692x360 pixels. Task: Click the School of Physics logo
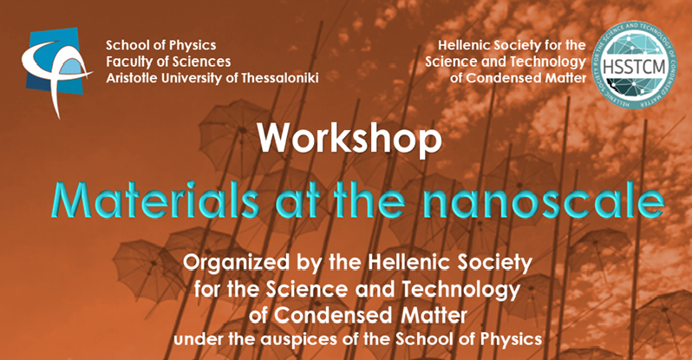coord(55,70)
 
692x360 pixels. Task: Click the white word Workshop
coord(349,139)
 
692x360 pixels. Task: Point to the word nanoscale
coord(543,201)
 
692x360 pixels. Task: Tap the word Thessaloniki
coord(280,78)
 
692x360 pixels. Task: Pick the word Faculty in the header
coord(124,62)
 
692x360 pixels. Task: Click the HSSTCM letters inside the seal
coord(634,68)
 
